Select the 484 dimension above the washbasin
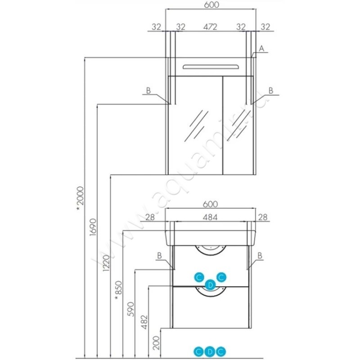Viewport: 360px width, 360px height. click(x=210, y=218)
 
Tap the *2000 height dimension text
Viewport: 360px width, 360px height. click(x=80, y=198)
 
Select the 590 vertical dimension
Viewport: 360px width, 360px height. click(x=131, y=308)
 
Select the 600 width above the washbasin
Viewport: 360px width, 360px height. click(x=210, y=204)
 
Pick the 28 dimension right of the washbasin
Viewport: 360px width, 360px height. click(x=263, y=218)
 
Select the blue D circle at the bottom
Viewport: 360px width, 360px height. click(x=209, y=351)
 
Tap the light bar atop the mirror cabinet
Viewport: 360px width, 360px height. click(x=210, y=67)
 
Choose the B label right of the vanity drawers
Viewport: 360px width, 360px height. click(x=260, y=255)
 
